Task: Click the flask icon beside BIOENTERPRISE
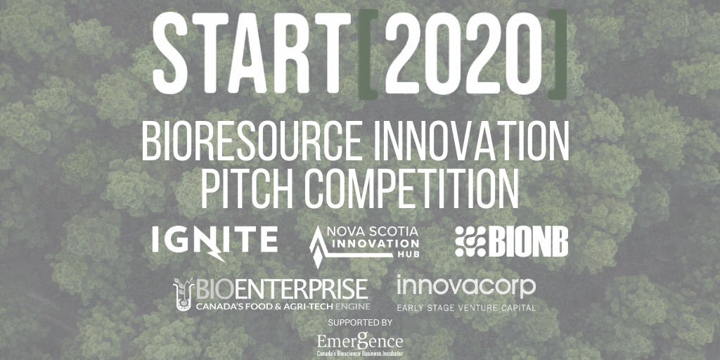tap(183, 294)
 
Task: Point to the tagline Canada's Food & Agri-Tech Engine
tap(281, 307)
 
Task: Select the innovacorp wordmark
tap(465, 286)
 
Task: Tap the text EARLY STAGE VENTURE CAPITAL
tap(465, 308)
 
